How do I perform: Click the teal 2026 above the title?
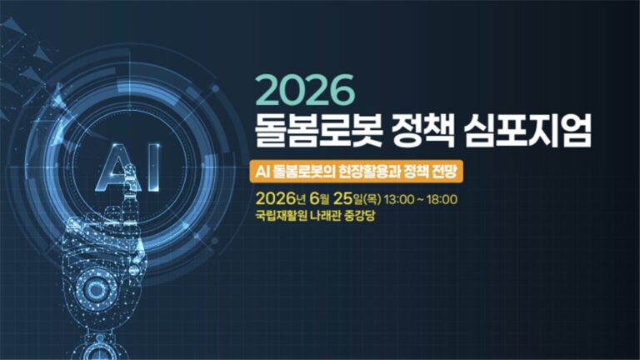pyautogui.click(x=305, y=89)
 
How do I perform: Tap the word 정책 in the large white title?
pyautogui.click(x=422, y=129)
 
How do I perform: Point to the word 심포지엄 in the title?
pyautogui.click(x=527, y=129)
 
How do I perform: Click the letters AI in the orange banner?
pyautogui.click(x=262, y=172)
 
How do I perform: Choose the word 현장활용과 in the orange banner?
pyautogui.click(x=368, y=172)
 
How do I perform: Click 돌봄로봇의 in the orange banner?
pyautogui.click(x=303, y=172)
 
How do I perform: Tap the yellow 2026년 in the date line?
pyautogui.click(x=280, y=199)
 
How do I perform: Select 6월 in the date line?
pyautogui.click(x=319, y=199)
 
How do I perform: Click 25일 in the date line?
pyautogui.click(x=347, y=199)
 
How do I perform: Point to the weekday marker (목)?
pyautogui.click(x=372, y=200)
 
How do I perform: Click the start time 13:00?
pyautogui.click(x=399, y=200)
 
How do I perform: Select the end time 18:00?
pyautogui.click(x=442, y=200)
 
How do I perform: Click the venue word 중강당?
pyautogui.click(x=360, y=215)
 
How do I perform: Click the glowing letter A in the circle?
pyautogui.click(x=117, y=167)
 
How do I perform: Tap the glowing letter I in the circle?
pyautogui.click(x=153, y=167)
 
